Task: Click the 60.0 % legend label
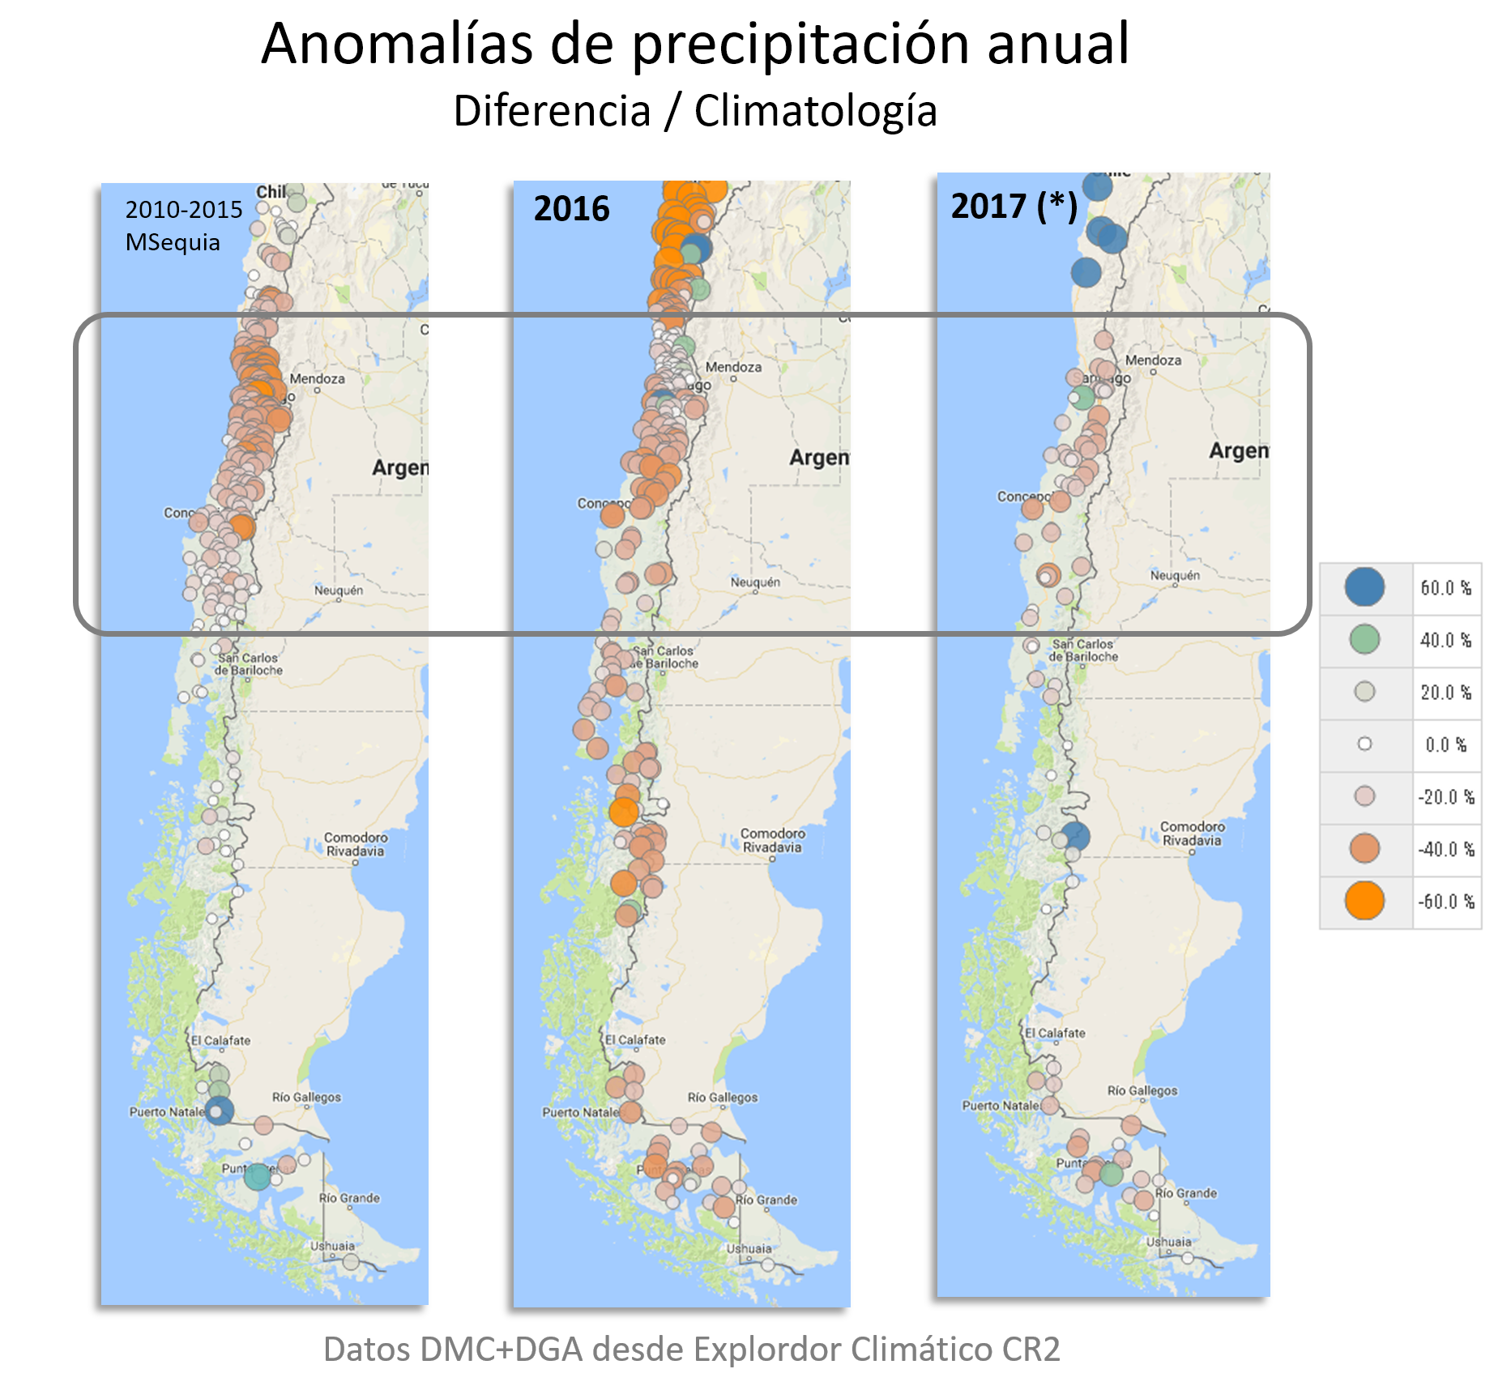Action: [1445, 588]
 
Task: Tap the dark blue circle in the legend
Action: [1364, 587]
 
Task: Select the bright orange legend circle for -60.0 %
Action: [1364, 901]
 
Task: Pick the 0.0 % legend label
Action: [1445, 744]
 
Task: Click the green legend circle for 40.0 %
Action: [1364, 639]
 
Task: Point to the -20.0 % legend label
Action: [1445, 797]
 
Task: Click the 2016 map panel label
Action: [571, 209]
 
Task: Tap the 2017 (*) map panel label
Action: [1014, 207]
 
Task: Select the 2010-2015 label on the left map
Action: [184, 210]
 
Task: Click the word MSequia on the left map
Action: [173, 242]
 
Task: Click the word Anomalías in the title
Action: [396, 44]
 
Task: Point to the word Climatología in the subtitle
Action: [815, 111]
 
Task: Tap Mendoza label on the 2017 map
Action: [1153, 360]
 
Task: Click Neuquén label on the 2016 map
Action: [755, 582]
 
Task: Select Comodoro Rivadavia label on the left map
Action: [356, 844]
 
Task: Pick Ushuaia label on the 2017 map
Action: [1168, 1242]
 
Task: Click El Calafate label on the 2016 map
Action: [635, 1039]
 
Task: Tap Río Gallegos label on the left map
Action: [306, 1097]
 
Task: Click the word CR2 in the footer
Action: [1031, 1350]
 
